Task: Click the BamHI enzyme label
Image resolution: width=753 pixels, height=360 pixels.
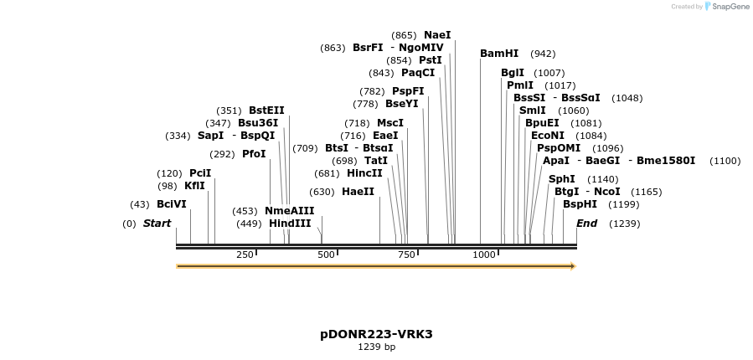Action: point(499,54)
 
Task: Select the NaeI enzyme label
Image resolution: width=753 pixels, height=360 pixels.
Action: point(437,35)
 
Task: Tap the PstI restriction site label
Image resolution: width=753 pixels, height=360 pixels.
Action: point(431,60)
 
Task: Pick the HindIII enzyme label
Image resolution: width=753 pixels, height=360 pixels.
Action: point(290,224)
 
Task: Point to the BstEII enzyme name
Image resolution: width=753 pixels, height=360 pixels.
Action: point(267,111)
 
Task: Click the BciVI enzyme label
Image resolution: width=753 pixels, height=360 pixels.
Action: point(172,204)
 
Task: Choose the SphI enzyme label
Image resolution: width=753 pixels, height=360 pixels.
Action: point(562,179)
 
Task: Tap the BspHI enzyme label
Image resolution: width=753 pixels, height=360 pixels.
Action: point(580,204)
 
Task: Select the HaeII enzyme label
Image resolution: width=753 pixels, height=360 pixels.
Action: point(358,192)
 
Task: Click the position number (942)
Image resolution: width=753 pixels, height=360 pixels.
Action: point(543,54)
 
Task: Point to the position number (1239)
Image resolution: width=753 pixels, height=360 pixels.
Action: point(624,224)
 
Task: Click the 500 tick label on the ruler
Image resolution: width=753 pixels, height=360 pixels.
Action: point(326,255)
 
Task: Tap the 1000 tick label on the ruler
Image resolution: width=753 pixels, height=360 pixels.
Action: point(484,255)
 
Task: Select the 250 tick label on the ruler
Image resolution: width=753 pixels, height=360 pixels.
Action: point(245,255)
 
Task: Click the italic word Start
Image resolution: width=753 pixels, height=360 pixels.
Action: point(157,224)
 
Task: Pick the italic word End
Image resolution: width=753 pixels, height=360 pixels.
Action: point(586,224)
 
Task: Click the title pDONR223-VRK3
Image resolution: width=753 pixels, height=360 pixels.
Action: point(376,334)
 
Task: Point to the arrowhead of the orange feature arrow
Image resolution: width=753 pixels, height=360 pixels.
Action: point(573,266)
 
